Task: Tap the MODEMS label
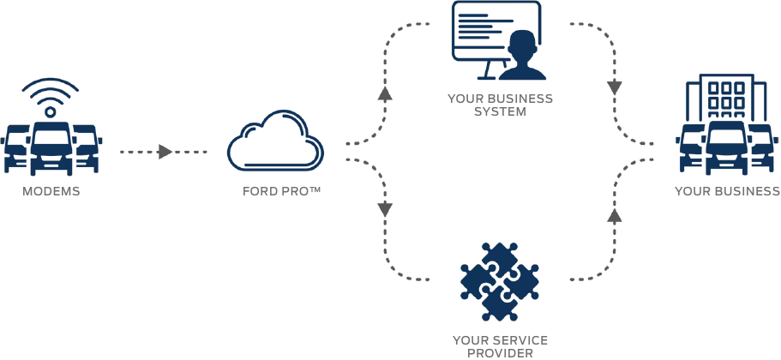point(51,191)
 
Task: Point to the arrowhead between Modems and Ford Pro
point(165,152)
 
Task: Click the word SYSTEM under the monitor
point(500,111)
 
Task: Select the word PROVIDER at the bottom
point(500,352)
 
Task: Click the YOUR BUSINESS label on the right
point(727,191)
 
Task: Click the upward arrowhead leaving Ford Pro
point(385,94)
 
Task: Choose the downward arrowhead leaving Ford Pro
point(385,208)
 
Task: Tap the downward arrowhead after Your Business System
point(614,87)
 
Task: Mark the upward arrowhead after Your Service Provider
point(614,215)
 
